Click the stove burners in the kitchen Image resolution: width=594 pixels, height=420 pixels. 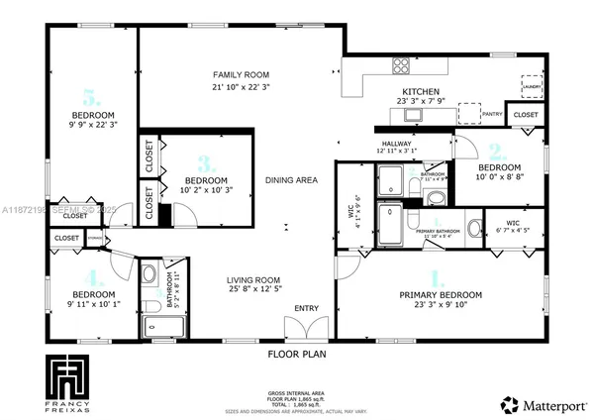(x=402, y=66)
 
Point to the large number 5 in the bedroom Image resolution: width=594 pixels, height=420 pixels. (x=92, y=98)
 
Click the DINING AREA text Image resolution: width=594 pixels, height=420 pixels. (x=291, y=180)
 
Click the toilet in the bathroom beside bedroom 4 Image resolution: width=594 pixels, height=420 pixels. (x=149, y=273)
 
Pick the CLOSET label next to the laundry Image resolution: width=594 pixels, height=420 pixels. (x=527, y=115)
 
